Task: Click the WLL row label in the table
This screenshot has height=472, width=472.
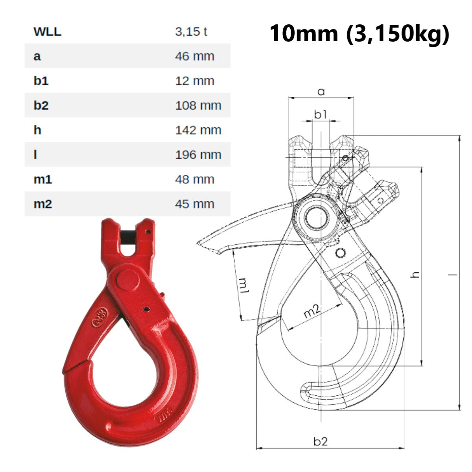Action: tap(47, 31)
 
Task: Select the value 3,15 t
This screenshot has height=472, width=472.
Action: tap(191, 31)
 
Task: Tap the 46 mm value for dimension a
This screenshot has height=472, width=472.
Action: tap(194, 56)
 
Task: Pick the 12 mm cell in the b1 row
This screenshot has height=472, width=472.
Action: tap(194, 81)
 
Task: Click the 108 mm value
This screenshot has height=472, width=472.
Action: tap(198, 105)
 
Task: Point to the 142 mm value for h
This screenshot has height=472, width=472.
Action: tap(198, 130)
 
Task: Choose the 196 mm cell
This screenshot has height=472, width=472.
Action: tap(198, 155)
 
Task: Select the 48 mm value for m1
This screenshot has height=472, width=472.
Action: tap(194, 179)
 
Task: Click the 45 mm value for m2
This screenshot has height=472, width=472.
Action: tap(194, 204)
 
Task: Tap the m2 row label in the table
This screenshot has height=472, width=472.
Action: tap(42, 204)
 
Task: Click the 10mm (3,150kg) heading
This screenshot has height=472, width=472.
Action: tap(359, 33)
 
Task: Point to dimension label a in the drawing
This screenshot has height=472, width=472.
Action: tap(321, 92)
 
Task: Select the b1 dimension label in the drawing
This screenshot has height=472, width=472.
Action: tap(321, 114)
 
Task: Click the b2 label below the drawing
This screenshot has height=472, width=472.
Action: tap(321, 441)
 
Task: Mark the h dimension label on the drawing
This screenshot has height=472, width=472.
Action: tap(415, 275)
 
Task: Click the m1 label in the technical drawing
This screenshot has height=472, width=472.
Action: tap(244, 286)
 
